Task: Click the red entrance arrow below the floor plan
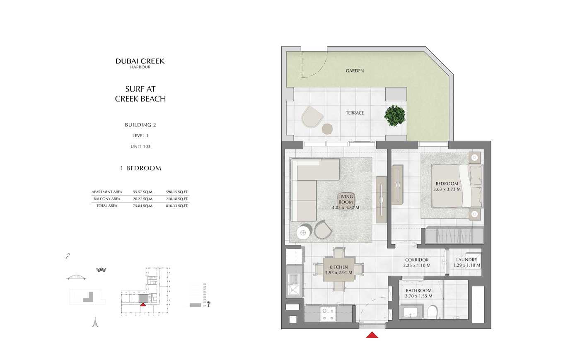pos(372,335)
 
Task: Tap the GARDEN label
pos(355,71)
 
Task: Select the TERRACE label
pos(355,113)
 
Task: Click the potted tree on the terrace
pos(395,115)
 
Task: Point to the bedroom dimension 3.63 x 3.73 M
pos(447,189)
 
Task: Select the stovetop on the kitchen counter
pos(328,314)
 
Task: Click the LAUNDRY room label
pos(466,260)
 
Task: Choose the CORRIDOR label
pos(417,260)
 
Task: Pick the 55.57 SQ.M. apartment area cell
pos(143,192)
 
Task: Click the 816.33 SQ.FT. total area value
pos(177,205)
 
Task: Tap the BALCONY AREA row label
pos(107,199)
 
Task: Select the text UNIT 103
pos(140,146)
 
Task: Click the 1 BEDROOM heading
pos(140,168)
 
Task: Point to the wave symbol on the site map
pos(101,270)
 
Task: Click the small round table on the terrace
pos(327,129)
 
